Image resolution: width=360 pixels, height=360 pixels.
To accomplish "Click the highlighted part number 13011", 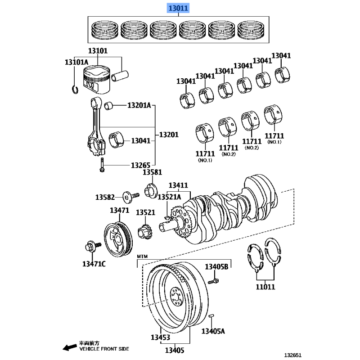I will click(179, 8).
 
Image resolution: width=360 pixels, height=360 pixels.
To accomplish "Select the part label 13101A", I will click(76, 62).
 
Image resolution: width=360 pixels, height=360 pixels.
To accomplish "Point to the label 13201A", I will click(139, 106).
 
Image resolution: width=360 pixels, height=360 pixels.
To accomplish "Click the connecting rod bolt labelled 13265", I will click(103, 166).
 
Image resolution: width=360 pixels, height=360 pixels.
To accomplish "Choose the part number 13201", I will click(169, 135).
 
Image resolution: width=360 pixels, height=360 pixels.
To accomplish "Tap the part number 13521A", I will click(169, 197).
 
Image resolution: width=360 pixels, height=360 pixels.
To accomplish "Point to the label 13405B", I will click(217, 267).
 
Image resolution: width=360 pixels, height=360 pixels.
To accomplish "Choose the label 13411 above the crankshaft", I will click(179, 185).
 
